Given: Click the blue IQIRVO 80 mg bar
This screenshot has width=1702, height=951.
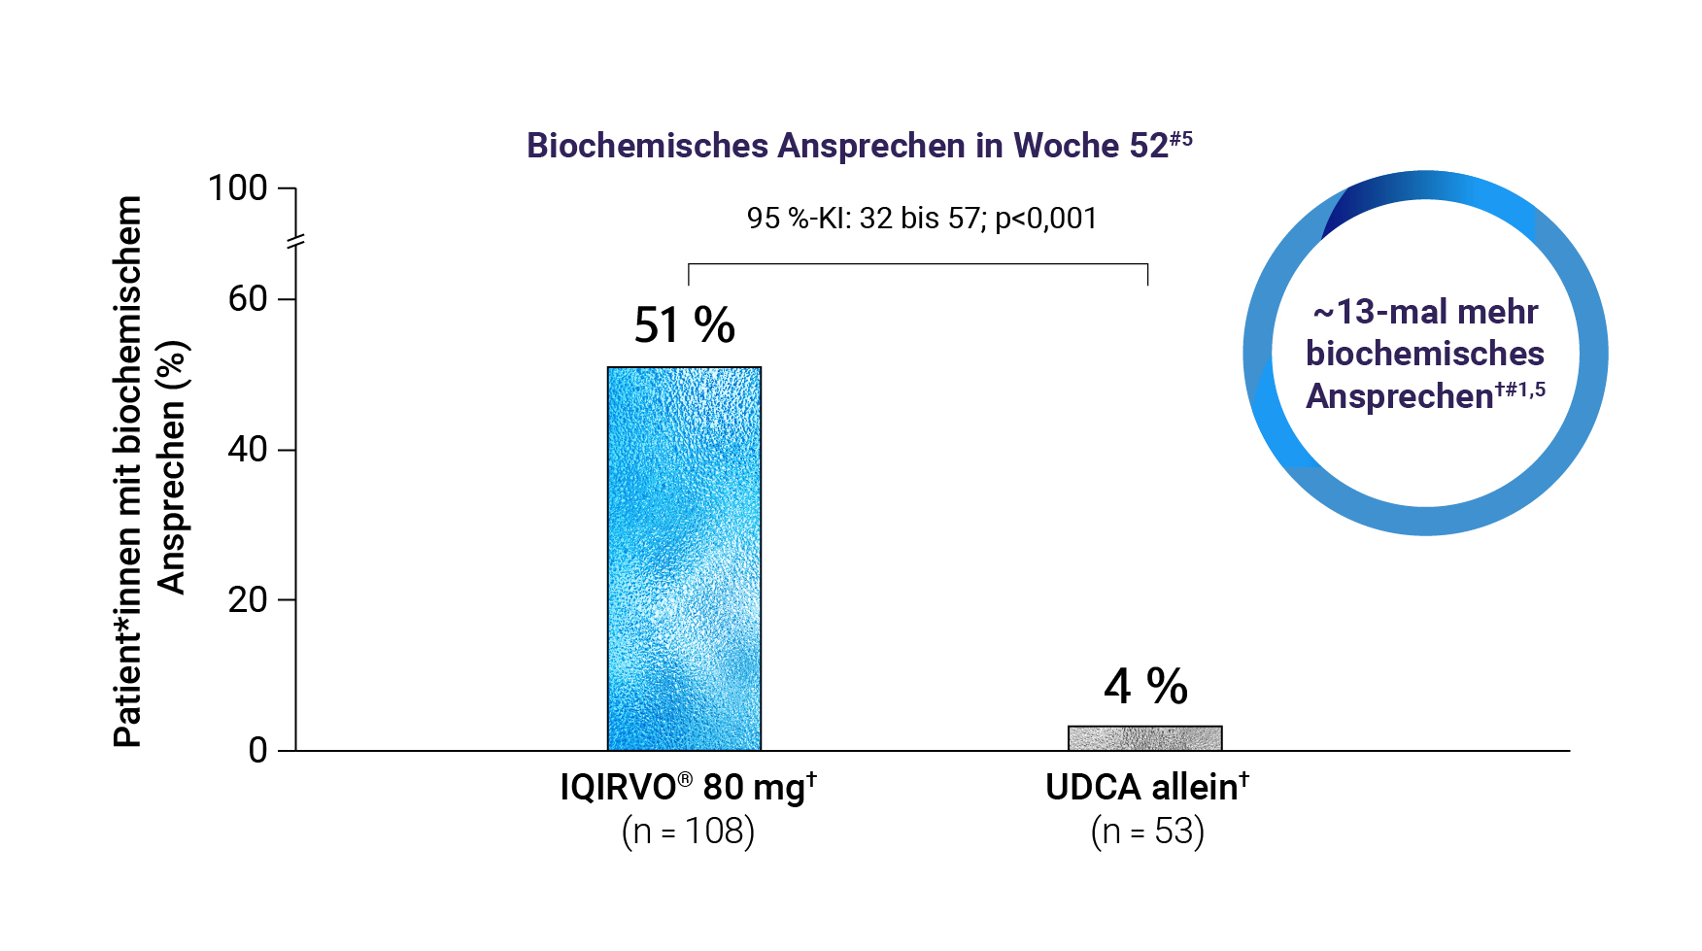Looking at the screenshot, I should pos(684,559).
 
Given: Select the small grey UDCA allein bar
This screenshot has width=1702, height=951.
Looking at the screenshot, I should pos(1144,738).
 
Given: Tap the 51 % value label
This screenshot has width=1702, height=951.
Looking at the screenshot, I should pos(684,325).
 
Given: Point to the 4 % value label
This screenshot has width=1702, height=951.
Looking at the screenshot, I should pos(1145,687).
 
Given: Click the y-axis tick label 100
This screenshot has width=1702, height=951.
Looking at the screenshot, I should pos(238,187).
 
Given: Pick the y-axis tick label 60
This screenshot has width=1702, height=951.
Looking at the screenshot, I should pos(248,299).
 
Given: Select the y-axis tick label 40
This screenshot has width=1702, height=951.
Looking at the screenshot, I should pos(248,450).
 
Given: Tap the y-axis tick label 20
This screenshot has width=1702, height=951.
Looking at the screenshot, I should pos(248,600).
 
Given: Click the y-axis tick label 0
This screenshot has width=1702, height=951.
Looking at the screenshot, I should pos(257,751).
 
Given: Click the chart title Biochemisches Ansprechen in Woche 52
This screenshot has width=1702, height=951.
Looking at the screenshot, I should pos(859,146).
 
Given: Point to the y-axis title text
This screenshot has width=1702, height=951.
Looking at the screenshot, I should pos(151,471).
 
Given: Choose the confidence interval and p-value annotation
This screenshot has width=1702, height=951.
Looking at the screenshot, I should pos(922,219).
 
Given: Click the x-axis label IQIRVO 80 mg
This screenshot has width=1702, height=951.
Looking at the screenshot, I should pos(688,788).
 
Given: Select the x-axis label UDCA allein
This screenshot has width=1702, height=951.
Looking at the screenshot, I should pos(1146,788).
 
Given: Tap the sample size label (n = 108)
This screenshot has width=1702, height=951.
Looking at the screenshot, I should pos(688,832).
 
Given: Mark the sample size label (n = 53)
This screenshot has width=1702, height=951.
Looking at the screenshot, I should pos(1147,832).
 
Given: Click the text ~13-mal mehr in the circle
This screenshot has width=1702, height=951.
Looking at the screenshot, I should pos(1425,313).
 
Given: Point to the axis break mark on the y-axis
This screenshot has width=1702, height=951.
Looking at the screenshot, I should pos(295,241).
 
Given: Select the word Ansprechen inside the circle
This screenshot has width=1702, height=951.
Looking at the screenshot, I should pos(1399,396).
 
